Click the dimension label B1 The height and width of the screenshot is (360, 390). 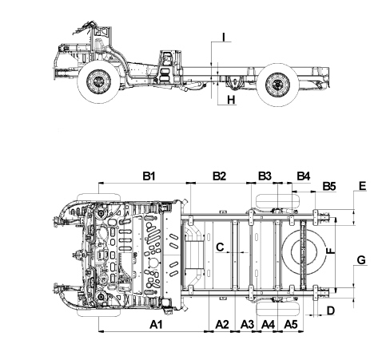click(x=149, y=176)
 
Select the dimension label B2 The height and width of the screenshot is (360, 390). click(x=219, y=176)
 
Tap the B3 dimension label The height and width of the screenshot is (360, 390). click(x=265, y=176)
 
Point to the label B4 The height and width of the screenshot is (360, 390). click(x=304, y=176)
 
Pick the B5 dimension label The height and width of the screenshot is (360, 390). click(x=329, y=186)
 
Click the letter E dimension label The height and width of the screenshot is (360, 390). click(x=363, y=186)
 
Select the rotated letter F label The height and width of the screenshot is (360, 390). click(x=330, y=251)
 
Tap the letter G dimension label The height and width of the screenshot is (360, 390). click(x=361, y=260)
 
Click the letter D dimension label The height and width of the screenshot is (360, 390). click(x=331, y=311)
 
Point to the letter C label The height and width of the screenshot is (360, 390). click(x=220, y=247)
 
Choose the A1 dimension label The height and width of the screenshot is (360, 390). click(x=156, y=325)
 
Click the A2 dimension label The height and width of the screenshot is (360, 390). click(x=222, y=325)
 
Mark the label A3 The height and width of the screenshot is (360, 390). click(x=247, y=325)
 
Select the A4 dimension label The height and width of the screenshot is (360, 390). click(x=268, y=325)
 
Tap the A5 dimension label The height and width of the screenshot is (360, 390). click(x=291, y=325)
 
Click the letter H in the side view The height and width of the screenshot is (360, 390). click(x=231, y=100)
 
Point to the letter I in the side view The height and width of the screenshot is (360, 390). click(x=224, y=37)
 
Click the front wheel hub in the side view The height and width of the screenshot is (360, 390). click(x=98, y=81)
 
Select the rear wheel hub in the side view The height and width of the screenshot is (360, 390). click(x=277, y=85)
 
